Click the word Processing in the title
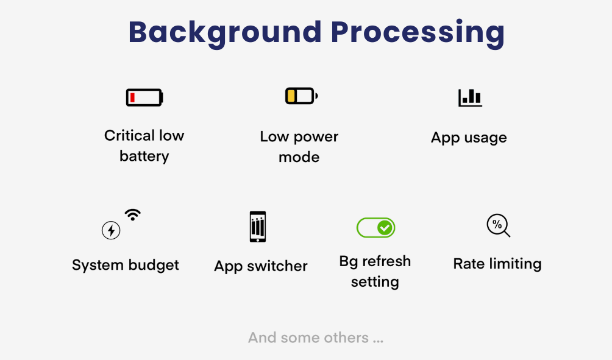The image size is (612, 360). click(x=418, y=32)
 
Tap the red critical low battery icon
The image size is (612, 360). click(x=144, y=97)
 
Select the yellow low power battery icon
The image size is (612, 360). click(x=301, y=96)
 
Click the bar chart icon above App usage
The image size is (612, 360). click(x=470, y=97)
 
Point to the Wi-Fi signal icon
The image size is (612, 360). click(x=132, y=214)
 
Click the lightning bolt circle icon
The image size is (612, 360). click(x=111, y=230)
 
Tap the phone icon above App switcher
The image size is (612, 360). click(x=258, y=227)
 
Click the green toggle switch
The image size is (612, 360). click(x=375, y=228)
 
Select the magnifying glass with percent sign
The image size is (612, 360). click(x=498, y=225)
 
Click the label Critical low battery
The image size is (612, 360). click(x=144, y=146)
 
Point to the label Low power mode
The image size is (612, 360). click(x=299, y=147)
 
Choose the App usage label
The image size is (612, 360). click(x=469, y=138)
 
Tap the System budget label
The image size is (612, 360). click(x=126, y=266)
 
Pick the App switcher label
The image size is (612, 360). click(x=261, y=266)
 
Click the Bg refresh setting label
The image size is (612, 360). click(x=375, y=272)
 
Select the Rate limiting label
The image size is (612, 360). click(x=497, y=264)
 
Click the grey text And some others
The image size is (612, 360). click(x=316, y=338)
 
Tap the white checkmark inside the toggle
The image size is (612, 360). click(x=385, y=228)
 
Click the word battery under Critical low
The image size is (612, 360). click(x=144, y=157)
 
